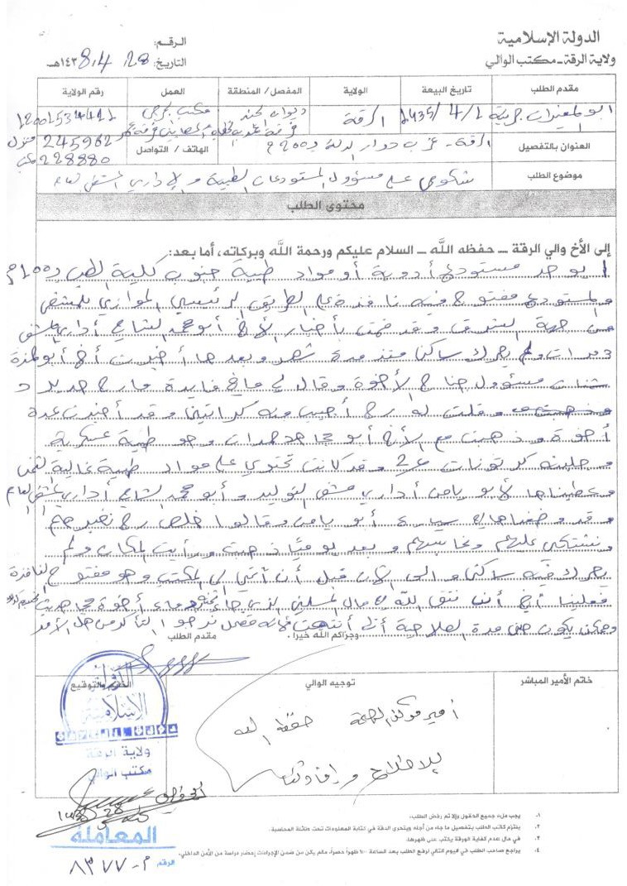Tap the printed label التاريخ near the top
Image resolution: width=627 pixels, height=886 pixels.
[171, 62]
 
